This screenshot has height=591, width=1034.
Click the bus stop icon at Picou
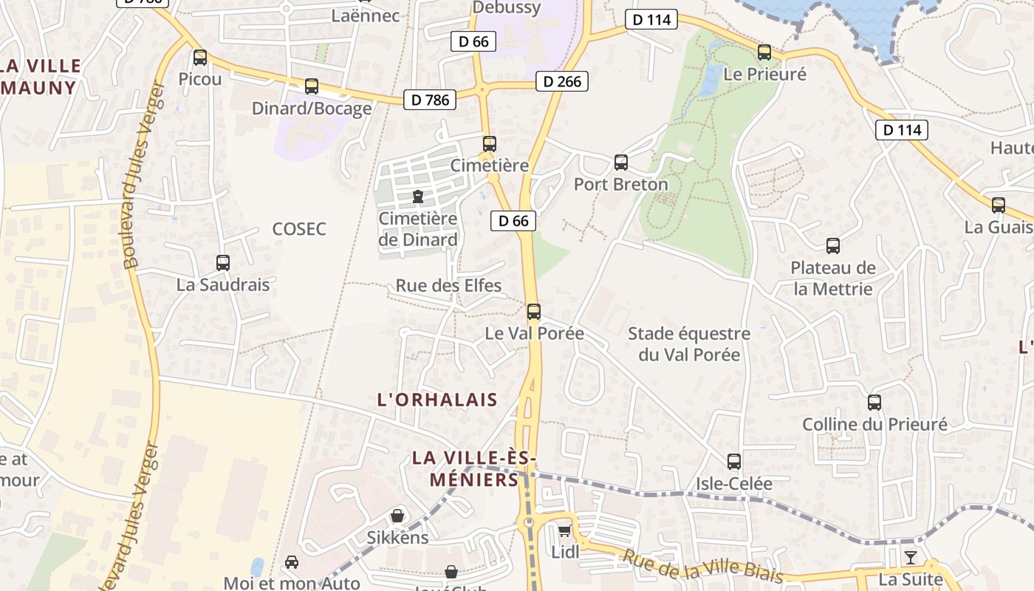click(x=199, y=58)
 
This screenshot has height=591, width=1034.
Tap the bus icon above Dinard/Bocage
click(x=312, y=86)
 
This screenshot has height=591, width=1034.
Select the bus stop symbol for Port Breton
click(x=621, y=163)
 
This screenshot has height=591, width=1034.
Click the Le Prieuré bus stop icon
click(x=764, y=52)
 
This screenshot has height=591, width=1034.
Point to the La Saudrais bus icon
click(x=222, y=262)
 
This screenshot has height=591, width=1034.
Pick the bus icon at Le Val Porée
click(x=534, y=312)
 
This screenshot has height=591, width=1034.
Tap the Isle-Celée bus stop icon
click(x=733, y=462)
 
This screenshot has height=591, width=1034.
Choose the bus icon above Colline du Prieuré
click(x=874, y=403)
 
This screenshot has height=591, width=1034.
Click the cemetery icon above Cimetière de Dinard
click(x=418, y=197)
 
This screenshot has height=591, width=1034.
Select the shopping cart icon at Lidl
click(x=565, y=530)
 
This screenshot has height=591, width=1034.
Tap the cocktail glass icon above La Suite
click(x=911, y=557)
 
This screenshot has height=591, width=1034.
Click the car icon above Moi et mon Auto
click(x=292, y=562)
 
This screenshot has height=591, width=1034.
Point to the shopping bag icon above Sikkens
click(x=397, y=515)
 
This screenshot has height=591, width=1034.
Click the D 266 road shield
click(x=562, y=81)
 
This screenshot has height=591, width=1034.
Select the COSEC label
click(x=299, y=229)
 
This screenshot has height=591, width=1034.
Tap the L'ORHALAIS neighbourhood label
click(x=437, y=400)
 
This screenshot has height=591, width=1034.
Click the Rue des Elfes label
click(x=448, y=286)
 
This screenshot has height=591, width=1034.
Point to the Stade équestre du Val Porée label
click(x=689, y=344)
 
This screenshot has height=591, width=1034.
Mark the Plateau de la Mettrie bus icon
click(x=833, y=246)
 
